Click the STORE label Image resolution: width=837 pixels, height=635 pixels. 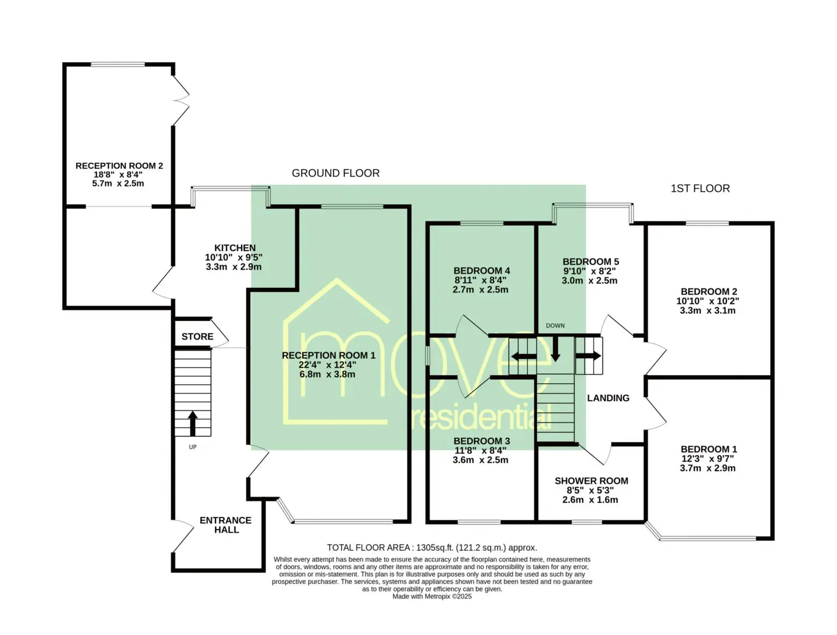point(197,336)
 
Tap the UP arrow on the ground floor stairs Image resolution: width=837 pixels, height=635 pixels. point(193,423)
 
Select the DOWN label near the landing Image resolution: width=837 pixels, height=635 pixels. point(555,325)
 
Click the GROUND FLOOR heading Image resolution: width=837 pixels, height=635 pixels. point(335,173)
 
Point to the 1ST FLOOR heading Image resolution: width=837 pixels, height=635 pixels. point(700,188)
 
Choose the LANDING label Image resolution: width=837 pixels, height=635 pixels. point(608,398)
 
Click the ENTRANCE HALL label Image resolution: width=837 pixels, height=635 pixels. point(226,525)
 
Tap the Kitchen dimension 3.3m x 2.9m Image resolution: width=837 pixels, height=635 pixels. point(234,266)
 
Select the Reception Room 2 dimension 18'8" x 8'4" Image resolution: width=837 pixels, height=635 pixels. point(118,174)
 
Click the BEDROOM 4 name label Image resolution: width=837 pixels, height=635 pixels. point(482,271)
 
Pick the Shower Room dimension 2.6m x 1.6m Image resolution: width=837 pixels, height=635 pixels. point(590,500)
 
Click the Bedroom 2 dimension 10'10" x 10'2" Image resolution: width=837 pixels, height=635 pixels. point(708,301)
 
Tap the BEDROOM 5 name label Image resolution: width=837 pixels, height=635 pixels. point(591,262)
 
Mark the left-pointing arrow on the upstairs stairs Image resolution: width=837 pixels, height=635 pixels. point(523,356)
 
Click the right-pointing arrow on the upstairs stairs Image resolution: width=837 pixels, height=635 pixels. point(588,356)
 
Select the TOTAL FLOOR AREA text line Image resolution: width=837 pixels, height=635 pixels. point(432,548)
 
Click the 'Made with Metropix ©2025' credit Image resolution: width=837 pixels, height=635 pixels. point(432,597)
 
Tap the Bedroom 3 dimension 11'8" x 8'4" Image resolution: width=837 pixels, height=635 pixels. point(481,451)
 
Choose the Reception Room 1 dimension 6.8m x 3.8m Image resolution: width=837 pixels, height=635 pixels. point(327,374)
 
